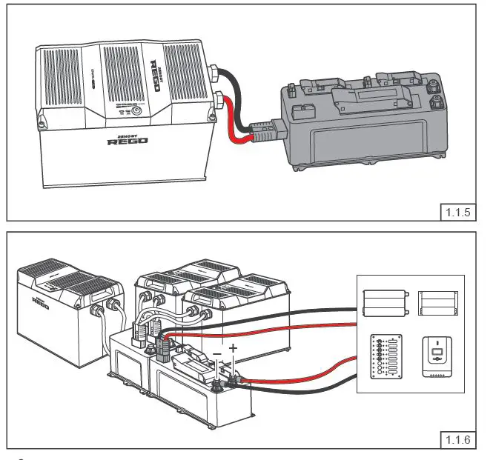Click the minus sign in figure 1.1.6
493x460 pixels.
point(217,355)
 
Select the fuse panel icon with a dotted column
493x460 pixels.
point(386,356)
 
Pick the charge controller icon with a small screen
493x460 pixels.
point(437,356)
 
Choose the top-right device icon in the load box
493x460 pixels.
point(437,302)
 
